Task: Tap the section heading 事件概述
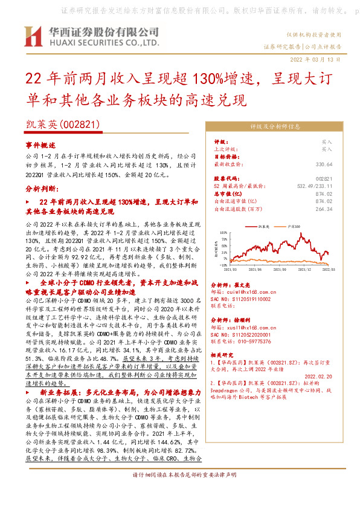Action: pos(40,146)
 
